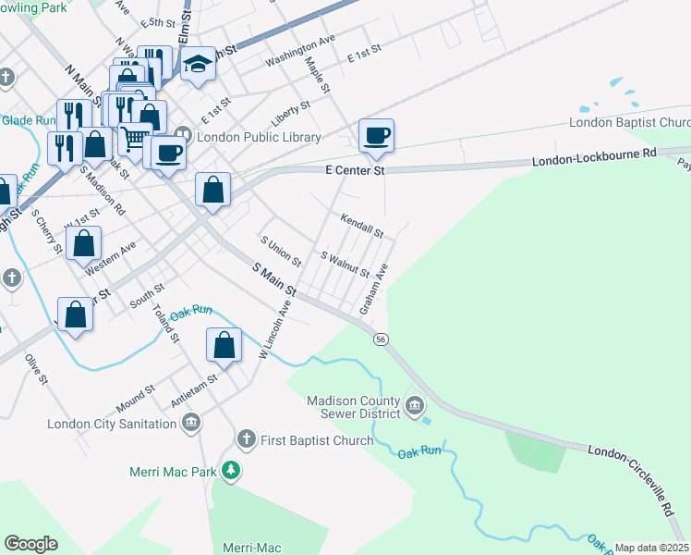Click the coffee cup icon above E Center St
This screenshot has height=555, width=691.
point(376,136)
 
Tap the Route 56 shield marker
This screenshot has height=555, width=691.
point(380,339)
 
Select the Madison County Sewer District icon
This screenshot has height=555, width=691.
point(415,404)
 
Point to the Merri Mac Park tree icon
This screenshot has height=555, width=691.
point(231,471)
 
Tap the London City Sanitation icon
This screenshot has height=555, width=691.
point(191,424)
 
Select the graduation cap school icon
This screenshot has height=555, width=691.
point(197,66)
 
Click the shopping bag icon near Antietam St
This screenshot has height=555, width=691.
point(224,346)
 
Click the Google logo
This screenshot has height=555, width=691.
point(30,544)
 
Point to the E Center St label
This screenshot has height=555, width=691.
point(354,171)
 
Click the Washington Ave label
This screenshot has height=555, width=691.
point(299,52)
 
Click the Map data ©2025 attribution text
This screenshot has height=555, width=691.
point(651,548)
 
